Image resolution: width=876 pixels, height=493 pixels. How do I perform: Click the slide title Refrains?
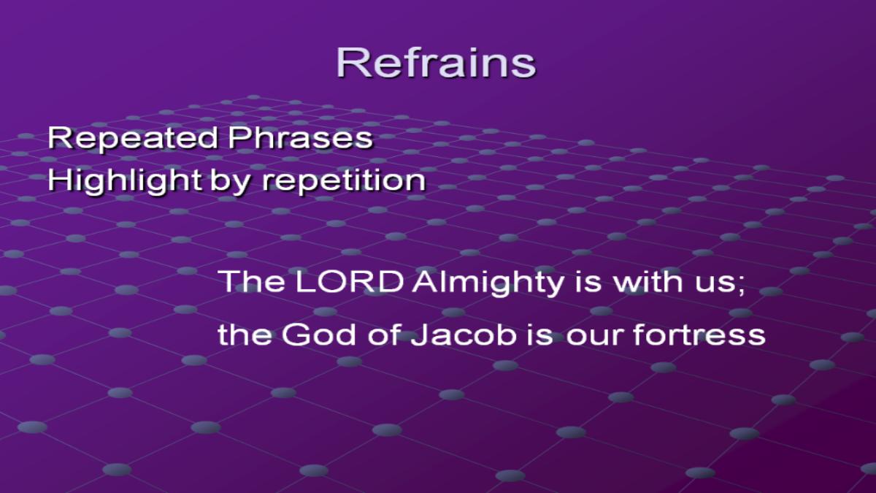click(x=436, y=63)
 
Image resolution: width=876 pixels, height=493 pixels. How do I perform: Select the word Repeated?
click(x=133, y=139)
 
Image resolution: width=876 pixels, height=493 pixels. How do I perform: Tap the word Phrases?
click(x=301, y=139)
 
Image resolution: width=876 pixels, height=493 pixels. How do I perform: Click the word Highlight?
click(x=125, y=181)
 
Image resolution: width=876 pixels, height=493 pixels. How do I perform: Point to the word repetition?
click(x=344, y=181)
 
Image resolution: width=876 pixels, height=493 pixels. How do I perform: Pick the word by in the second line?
click(x=231, y=181)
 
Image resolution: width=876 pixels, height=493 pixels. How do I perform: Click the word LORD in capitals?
click(x=350, y=281)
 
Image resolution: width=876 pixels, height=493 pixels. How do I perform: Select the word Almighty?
click(x=488, y=283)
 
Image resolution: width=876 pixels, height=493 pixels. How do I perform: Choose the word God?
click(x=318, y=335)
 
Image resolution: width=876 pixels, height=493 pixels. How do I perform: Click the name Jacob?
click(x=464, y=335)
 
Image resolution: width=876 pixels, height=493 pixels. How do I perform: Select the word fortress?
click(x=699, y=335)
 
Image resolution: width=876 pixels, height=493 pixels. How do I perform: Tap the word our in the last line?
click(x=594, y=338)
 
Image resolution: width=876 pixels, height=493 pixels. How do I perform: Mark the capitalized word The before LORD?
click(x=252, y=281)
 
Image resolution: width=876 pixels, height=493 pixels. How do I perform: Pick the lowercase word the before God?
click(x=245, y=335)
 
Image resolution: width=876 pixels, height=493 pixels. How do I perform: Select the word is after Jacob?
click(x=540, y=335)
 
